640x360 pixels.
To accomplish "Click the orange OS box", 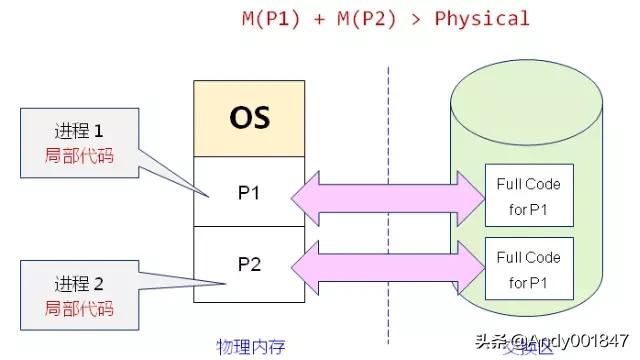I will point(249,120).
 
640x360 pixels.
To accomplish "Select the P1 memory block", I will point(249,191).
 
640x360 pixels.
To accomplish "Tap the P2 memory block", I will point(249,263).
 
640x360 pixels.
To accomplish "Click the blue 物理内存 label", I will point(251,347).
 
